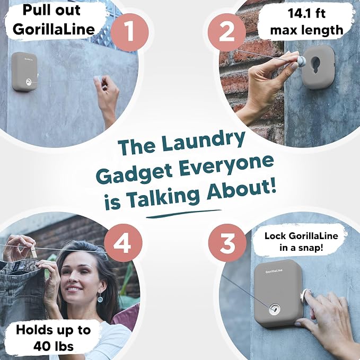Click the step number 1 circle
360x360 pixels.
click(x=130, y=32)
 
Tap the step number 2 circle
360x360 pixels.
click(x=227, y=32)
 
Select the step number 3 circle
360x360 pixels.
click(x=227, y=243)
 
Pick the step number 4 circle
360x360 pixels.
click(x=123, y=243)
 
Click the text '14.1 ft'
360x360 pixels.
click(x=306, y=13)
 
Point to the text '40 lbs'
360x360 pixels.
click(x=54, y=346)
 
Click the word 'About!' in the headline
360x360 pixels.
click(x=241, y=192)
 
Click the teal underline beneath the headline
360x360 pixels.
click(x=183, y=214)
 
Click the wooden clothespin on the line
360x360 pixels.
click(x=33, y=250)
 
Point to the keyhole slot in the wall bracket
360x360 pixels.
click(x=315, y=65)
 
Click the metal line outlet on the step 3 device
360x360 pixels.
click(x=275, y=309)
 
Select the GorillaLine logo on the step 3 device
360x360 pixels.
click(x=274, y=271)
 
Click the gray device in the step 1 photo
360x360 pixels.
click(x=24, y=72)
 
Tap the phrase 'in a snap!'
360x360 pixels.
click(x=301, y=248)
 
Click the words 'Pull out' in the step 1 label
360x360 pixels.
click(x=51, y=10)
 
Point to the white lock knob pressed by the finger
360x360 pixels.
click(x=305, y=295)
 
